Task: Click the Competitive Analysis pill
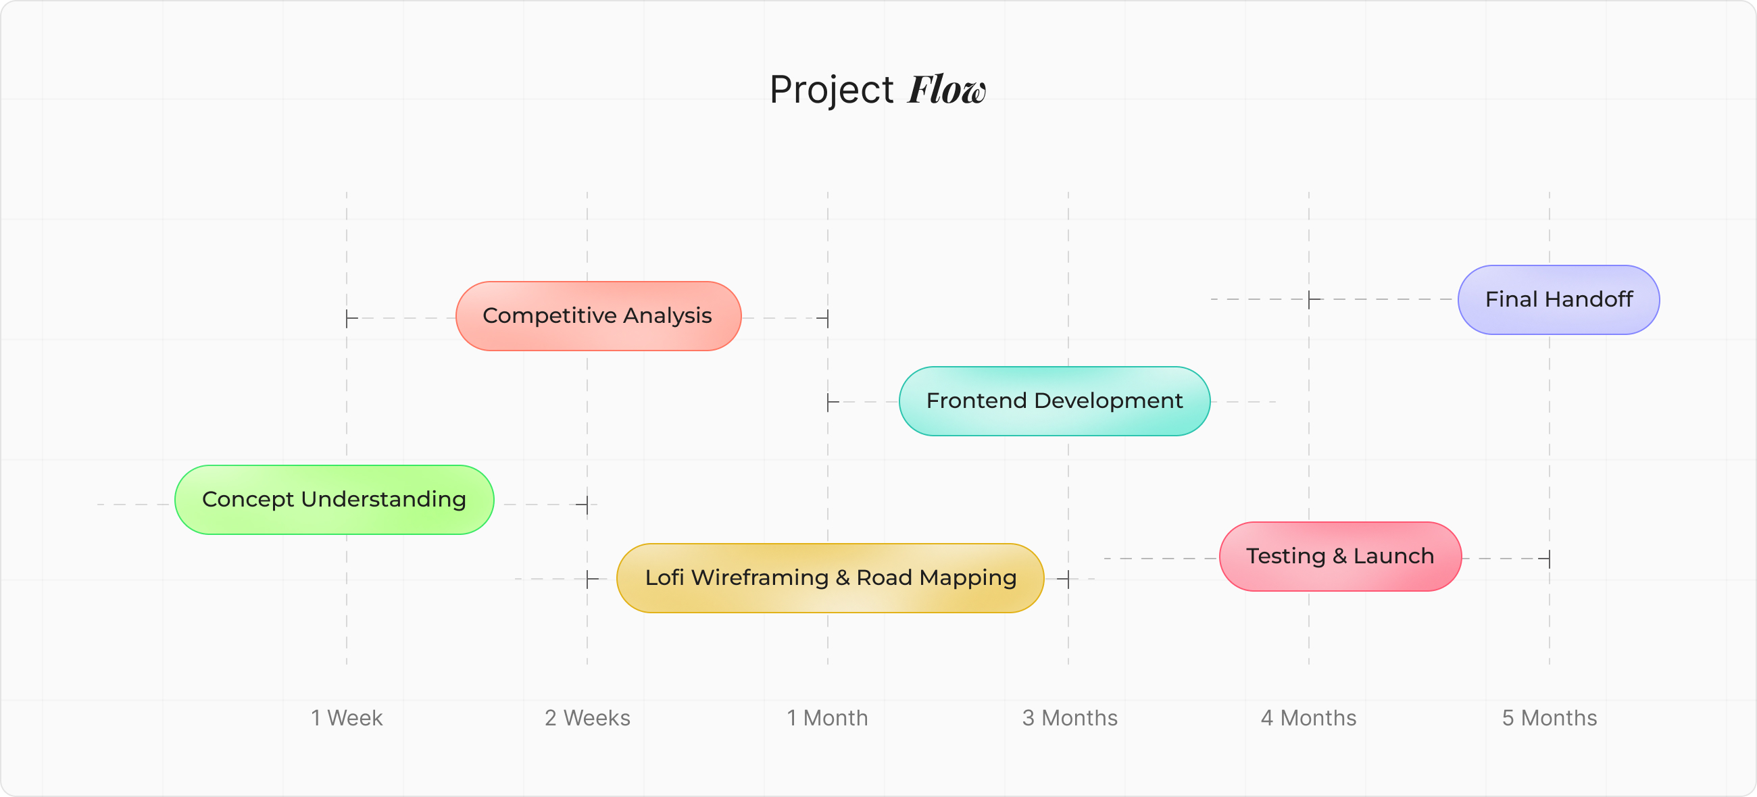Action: click(598, 316)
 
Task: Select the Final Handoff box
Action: click(1558, 300)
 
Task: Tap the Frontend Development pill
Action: click(1054, 401)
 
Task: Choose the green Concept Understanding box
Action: click(335, 500)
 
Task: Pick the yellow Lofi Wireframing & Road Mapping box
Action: click(830, 578)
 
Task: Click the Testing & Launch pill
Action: click(1339, 557)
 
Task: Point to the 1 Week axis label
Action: click(347, 718)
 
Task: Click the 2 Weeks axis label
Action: click(587, 718)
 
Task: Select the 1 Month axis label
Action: click(827, 718)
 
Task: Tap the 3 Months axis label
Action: click(1069, 718)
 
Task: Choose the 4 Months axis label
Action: click(1308, 718)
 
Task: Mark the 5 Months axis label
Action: click(1549, 718)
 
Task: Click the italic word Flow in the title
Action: click(946, 90)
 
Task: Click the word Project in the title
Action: click(831, 90)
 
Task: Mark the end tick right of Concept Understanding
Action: click(585, 505)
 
